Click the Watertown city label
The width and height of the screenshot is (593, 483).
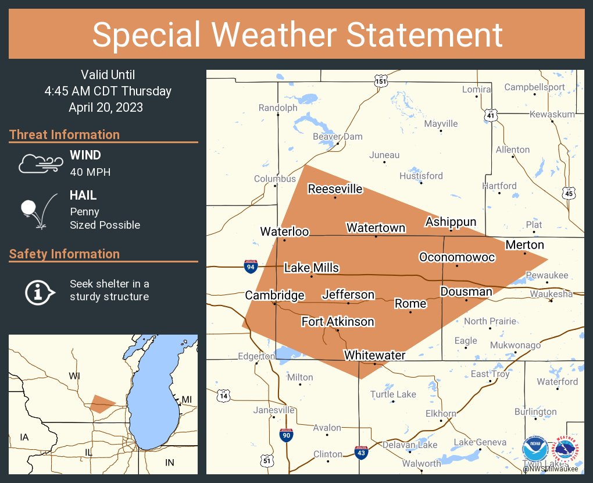tap(376, 228)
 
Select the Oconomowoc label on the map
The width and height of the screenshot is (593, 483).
tap(457, 257)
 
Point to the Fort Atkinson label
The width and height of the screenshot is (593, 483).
tap(337, 321)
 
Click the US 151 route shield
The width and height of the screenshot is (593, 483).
tap(380, 82)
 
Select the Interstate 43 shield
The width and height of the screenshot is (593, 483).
tap(360, 453)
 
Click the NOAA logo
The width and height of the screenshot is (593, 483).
tap(534, 451)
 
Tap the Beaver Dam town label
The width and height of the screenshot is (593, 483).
tap(337, 136)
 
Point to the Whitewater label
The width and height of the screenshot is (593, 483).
tap(374, 355)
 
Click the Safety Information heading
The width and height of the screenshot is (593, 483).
tap(64, 254)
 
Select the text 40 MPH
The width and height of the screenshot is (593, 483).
tap(90, 172)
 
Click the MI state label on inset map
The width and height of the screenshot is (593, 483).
tap(187, 399)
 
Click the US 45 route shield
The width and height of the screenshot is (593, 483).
tap(569, 191)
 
